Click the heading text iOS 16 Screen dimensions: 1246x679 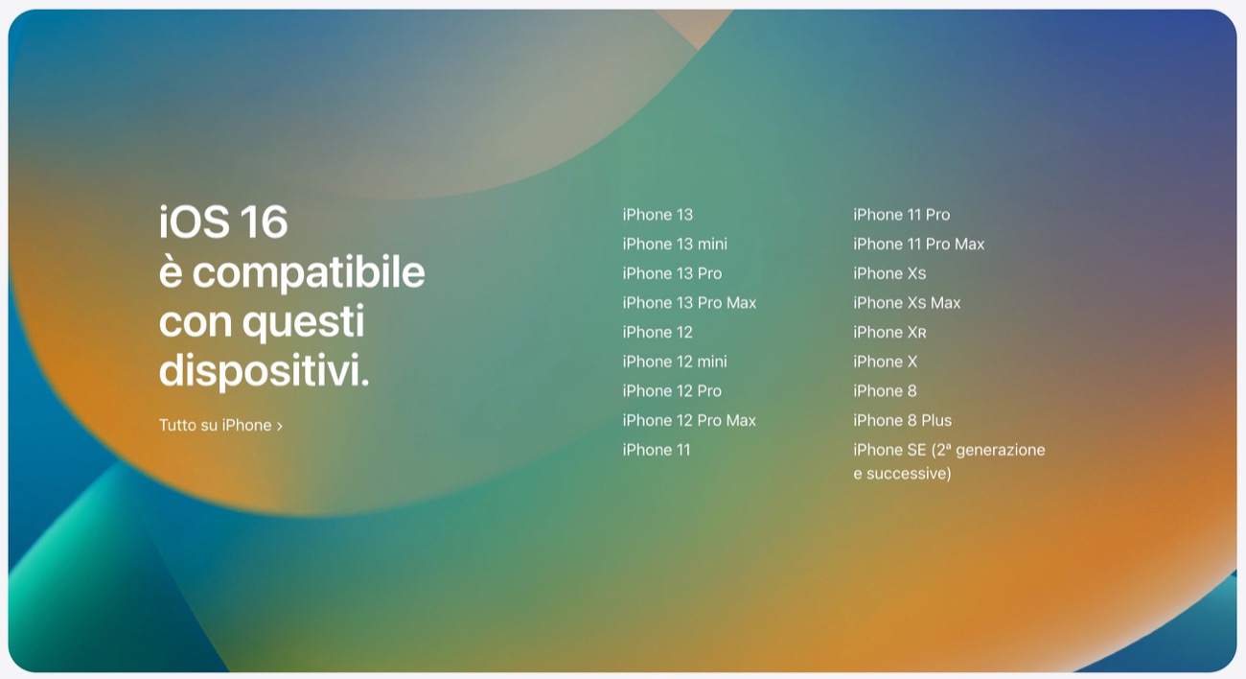coord(223,222)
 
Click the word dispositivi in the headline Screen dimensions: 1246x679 coord(264,369)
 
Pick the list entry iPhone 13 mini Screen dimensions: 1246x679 coord(675,244)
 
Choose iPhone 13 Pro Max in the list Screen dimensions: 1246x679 coord(689,303)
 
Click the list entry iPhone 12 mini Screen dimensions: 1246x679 coord(675,362)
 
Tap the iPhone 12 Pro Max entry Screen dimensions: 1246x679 coord(689,420)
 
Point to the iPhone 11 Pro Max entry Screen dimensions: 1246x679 coord(919,244)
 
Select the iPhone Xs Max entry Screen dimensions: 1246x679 coord(907,303)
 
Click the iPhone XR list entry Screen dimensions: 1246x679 coord(889,332)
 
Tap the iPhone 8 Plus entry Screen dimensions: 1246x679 coord(902,420)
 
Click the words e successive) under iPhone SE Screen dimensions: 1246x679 coord(902,474)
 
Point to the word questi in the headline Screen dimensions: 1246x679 coord(303,322)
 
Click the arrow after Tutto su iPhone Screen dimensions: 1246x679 coord(280,427)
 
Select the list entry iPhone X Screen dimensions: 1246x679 coord(885,362)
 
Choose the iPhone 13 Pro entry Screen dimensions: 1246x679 coord(672,273)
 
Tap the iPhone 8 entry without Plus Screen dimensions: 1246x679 coord(885,390)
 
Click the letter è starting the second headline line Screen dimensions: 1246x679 coord(171,271)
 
